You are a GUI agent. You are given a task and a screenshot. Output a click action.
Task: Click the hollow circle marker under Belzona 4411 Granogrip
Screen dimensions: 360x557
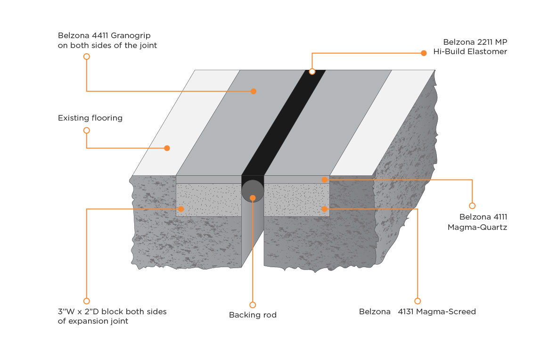pyautogui.click(x=86, y=57)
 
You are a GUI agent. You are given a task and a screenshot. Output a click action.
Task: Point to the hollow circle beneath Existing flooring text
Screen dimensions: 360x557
pyautogui.click(x=86, y=131)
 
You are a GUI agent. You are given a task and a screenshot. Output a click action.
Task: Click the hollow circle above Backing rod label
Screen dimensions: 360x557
pyautogui.click(x=253, y=305)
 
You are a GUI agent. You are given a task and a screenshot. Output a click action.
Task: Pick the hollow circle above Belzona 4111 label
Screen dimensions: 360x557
pyautogui.click(x=472, y=206)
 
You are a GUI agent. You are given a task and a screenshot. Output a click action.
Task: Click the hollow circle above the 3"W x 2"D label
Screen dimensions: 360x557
pyautogui.click(x=86, y=301)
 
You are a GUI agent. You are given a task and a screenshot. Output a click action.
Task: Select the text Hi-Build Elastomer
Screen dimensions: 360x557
pyautogui.click(x=470, y=52)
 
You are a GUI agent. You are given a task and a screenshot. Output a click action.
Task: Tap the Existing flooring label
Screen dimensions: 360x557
pyautogui.click(x=90, y=118)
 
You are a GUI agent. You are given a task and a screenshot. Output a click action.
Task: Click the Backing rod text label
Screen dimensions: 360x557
pyautogui.click(x=253, y=315)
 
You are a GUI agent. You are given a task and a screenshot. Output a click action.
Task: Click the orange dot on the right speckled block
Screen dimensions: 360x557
pyautogui.click(x=324, y=209)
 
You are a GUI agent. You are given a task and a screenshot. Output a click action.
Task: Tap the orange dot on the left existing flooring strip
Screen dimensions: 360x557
pyautogui.click(x=167, y=148)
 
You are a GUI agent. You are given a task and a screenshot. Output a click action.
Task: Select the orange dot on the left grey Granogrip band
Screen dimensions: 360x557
pyautogui.click(x=254, y=91)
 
